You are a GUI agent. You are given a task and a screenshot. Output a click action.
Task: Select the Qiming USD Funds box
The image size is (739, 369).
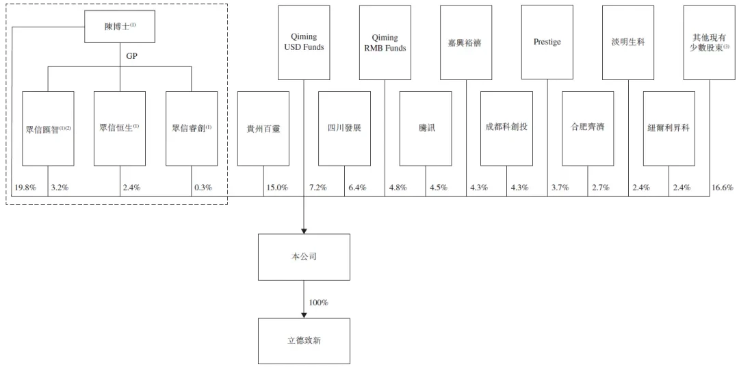[x=304, y=42]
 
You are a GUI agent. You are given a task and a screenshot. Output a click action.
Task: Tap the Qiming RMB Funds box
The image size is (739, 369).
[x=385, y=42]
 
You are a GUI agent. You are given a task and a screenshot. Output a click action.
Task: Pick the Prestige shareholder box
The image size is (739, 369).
[x=547, y=42]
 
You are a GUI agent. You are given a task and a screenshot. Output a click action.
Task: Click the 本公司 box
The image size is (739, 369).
[x=304, y=257]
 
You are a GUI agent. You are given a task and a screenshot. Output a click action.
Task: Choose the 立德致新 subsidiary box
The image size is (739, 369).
[x=304, y=341]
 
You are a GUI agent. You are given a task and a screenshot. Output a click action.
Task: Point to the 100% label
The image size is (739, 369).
[x=318, y=303]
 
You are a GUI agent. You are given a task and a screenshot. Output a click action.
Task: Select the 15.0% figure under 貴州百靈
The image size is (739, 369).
[x=277, y=188]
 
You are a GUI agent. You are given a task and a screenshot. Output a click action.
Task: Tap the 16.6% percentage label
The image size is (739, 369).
[x=723, y=188]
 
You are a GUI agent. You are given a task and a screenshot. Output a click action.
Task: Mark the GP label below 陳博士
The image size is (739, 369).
[x=131, y=55]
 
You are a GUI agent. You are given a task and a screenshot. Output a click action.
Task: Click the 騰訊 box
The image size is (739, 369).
[x=426, y=129]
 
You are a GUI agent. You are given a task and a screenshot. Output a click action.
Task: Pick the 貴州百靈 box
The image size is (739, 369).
[x=263, y=129]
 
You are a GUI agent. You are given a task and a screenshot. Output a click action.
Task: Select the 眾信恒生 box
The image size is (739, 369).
[x=120, y=129]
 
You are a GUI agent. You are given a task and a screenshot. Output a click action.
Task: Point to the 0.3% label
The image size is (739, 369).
[x=203, y=188]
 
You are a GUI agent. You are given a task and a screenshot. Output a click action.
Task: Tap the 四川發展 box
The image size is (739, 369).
[x=344, y=129]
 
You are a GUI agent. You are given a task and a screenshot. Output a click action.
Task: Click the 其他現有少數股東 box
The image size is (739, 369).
[x=710, y=42]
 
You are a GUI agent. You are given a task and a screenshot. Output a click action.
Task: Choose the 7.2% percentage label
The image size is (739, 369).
[x=317, y=188]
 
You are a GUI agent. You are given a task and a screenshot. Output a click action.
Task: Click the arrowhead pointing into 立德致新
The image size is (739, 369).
[x=304, y=316]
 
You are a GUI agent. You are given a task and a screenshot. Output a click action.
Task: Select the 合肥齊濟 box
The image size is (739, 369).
[x=588, y=129]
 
